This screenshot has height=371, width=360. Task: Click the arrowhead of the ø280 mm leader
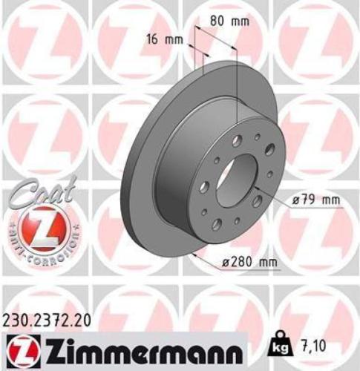tap(192, 253)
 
